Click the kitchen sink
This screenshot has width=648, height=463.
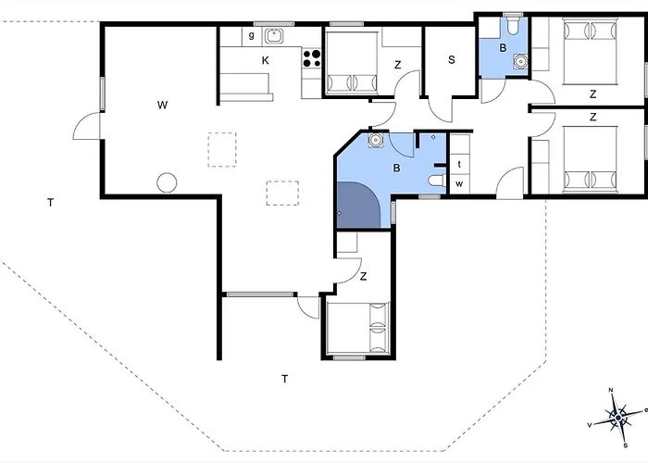click(273, 35)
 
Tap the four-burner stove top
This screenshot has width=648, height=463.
click(312, 57)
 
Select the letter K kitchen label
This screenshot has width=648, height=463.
click(266, 61)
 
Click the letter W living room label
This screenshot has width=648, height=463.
click(162, 105)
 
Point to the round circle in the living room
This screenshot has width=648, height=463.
click(167, 182)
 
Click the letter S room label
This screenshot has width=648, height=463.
click(452, 60)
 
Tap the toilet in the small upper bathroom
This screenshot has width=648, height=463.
click(513, 25)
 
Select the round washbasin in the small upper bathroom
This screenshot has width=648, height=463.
click(520, 61)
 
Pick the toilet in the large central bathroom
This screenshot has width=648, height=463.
click(437, 181)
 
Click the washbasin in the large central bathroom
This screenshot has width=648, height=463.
click(376, 140)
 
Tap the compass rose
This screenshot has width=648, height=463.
click(617, 418)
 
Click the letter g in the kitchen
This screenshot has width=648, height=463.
click(251, 35)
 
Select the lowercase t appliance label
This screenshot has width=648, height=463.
click(459, 165)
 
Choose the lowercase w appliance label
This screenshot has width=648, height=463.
click(459, 184)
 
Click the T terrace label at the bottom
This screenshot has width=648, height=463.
click(285, 379)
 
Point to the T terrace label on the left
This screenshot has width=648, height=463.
click(50, 203)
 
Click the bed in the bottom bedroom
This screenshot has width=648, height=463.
click(358, 328)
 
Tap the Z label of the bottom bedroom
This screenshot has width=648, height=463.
click(363, 276)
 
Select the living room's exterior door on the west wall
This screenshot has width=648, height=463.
click(87, 126)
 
